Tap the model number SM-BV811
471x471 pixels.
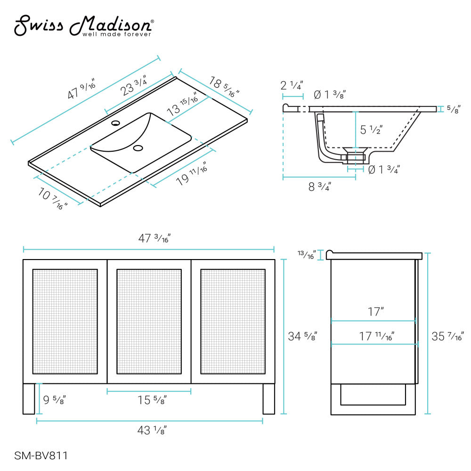[41, 455]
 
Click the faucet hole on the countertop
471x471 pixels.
[115, 124]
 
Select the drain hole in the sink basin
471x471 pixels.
[138, 148]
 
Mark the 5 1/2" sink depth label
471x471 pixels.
[371, 130]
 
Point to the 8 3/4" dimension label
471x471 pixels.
[320, 187]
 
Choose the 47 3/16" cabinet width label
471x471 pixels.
[148, 238]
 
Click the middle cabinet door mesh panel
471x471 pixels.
[149, 321]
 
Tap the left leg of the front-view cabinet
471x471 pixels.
[29, 398]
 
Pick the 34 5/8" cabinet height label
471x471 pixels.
[302, 336]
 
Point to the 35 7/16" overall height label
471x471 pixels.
[447, 336]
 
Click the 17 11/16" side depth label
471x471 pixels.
[377, 336]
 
